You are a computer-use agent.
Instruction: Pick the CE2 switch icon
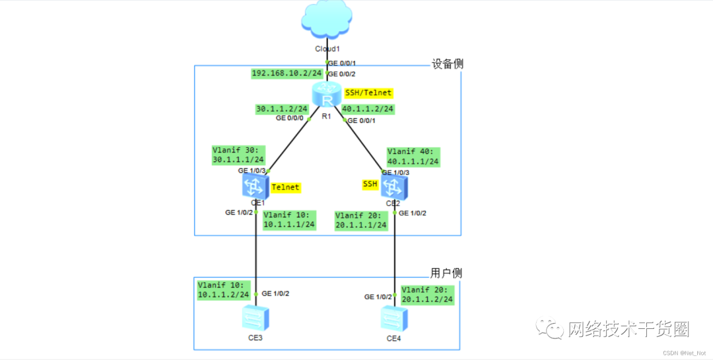pos(394,186)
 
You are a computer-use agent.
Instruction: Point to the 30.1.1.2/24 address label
pos(282,108)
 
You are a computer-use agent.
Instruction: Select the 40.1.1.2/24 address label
pos(368,108)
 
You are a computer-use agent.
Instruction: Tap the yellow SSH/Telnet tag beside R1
pos(368,92)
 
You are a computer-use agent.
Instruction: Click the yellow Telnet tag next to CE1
pos(285,188)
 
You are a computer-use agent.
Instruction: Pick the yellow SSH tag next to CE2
pos(370,184)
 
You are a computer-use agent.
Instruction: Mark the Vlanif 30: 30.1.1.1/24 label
pos(238,155)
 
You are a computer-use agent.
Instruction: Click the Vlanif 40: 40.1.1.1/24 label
pos(413,156)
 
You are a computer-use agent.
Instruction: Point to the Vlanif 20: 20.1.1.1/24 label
pos(361,220)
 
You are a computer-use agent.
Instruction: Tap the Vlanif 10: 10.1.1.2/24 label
pos(224,290)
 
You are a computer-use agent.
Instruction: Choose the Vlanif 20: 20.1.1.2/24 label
pos(427,295)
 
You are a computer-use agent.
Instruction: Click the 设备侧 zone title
pos(448,64)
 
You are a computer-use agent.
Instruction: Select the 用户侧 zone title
pos(445,273)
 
